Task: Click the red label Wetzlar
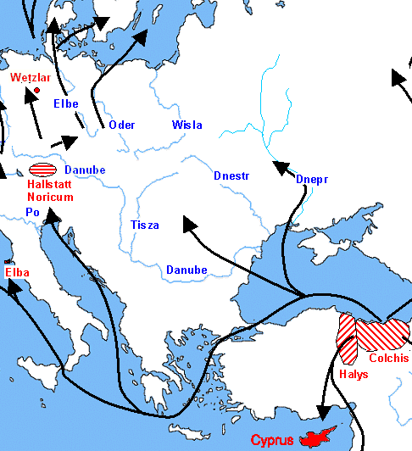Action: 31,77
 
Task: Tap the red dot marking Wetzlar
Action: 36,90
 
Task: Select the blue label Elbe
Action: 65,104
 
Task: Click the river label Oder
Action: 122,125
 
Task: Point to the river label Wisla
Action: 187,125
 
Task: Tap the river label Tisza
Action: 144,225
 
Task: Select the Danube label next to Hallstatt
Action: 85,170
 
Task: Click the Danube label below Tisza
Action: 187,270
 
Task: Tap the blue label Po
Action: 32,212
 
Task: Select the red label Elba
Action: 17,273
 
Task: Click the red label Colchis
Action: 388,358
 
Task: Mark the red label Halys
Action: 354,373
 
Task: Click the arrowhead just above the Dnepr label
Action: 277,166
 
